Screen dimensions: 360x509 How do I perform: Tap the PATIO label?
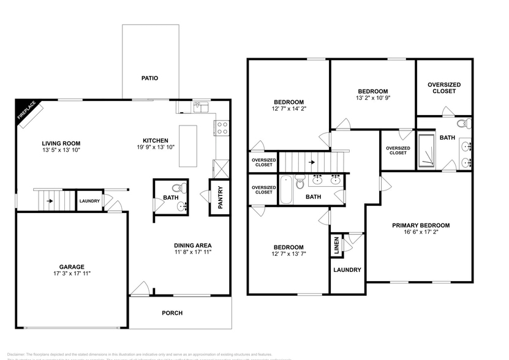149,78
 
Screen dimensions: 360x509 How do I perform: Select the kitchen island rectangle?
188,146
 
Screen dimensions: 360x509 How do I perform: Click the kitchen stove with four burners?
221,127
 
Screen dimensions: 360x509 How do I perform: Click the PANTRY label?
220,197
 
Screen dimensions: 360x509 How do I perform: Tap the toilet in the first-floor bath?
177,189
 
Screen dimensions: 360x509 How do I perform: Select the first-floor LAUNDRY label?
89,201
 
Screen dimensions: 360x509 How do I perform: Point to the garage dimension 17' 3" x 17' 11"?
72,275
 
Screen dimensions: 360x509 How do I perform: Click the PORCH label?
172,313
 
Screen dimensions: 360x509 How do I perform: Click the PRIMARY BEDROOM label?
421,225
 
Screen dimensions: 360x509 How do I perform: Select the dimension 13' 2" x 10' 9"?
372,98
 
